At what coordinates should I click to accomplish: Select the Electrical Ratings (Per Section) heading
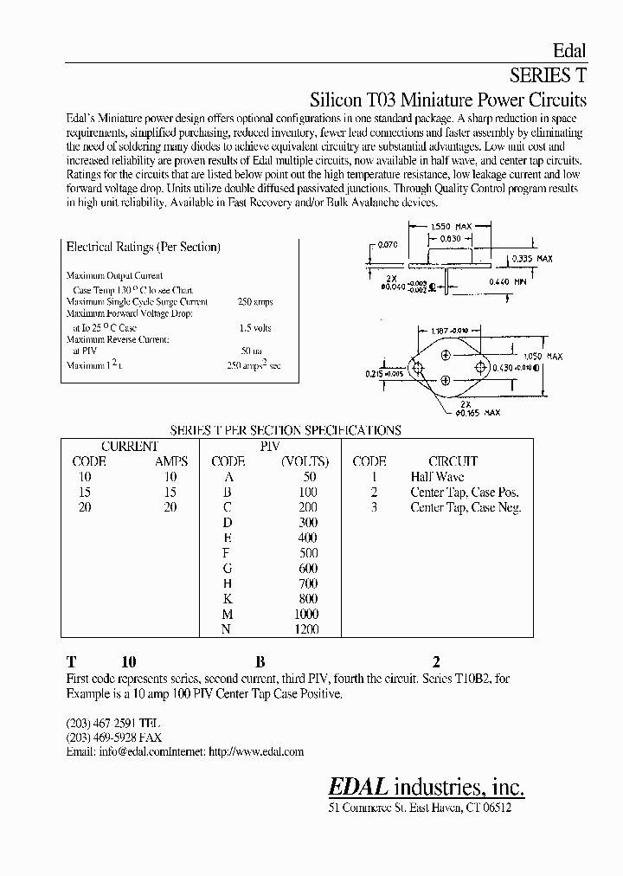pos(143,247)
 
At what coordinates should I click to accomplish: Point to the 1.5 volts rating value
pos(255,328)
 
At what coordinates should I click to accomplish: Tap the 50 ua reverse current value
pos(251,352)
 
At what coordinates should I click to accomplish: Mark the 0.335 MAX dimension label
pos(531,259)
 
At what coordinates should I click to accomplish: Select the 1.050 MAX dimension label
pos(543,356)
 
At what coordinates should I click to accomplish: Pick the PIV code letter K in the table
pos(227,598)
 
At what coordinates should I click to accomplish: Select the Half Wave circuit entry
pos(437,477)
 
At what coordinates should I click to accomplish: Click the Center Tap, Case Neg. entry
pos(466,508)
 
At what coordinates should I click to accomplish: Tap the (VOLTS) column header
pos(299,461)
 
